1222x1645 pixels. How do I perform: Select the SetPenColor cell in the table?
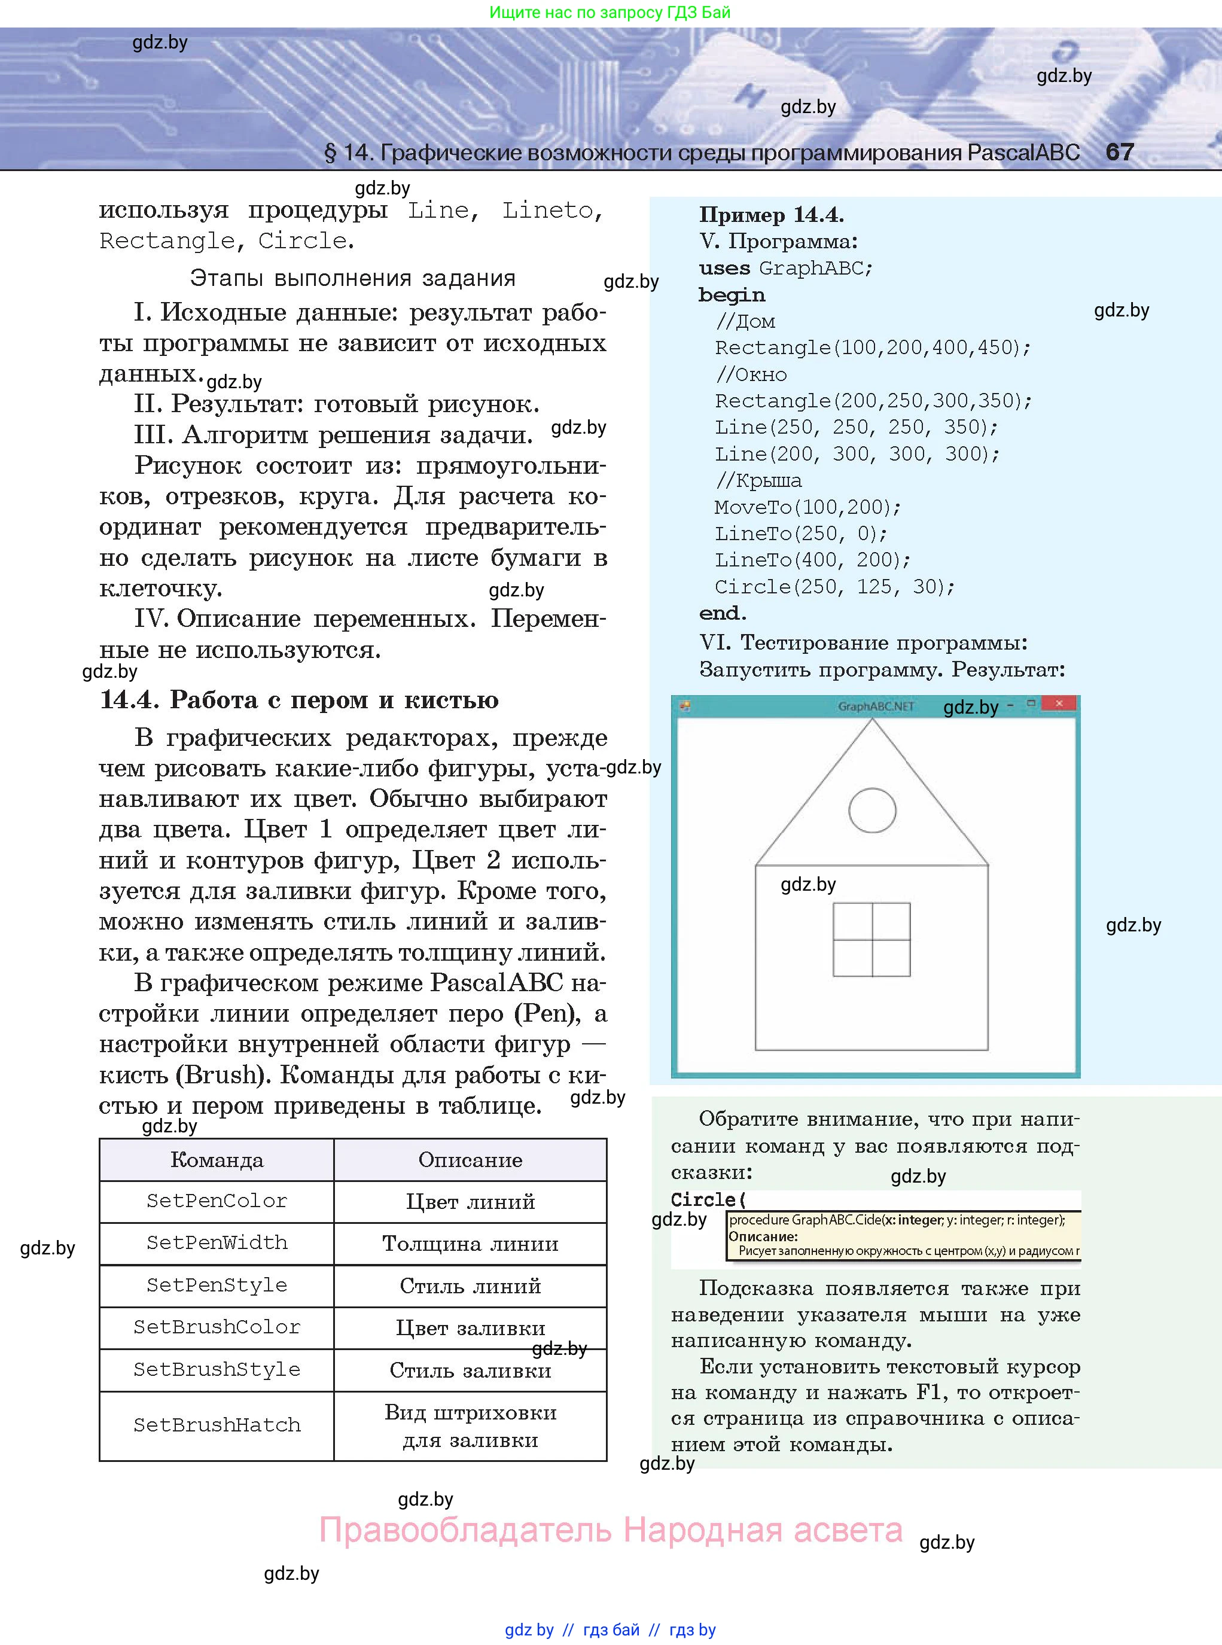point(217,1201)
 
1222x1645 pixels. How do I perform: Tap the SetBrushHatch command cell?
point(217,1425)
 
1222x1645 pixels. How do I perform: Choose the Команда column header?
point(217,1159)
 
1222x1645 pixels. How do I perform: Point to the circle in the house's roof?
point(872,811)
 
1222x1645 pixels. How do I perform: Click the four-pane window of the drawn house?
point(871,939)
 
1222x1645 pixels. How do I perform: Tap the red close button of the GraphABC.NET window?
point(1059,703)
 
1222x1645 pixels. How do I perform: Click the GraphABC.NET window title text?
point(876,706)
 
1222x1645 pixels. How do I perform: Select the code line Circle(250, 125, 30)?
point(834,587)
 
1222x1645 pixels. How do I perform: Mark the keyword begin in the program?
point(732,294)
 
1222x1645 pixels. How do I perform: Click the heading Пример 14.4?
point(771,215)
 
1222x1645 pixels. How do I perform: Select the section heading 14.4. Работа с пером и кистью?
point(299,700)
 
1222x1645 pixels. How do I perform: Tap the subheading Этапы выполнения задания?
point(352,278)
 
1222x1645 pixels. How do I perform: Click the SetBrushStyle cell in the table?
point(217,1369)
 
